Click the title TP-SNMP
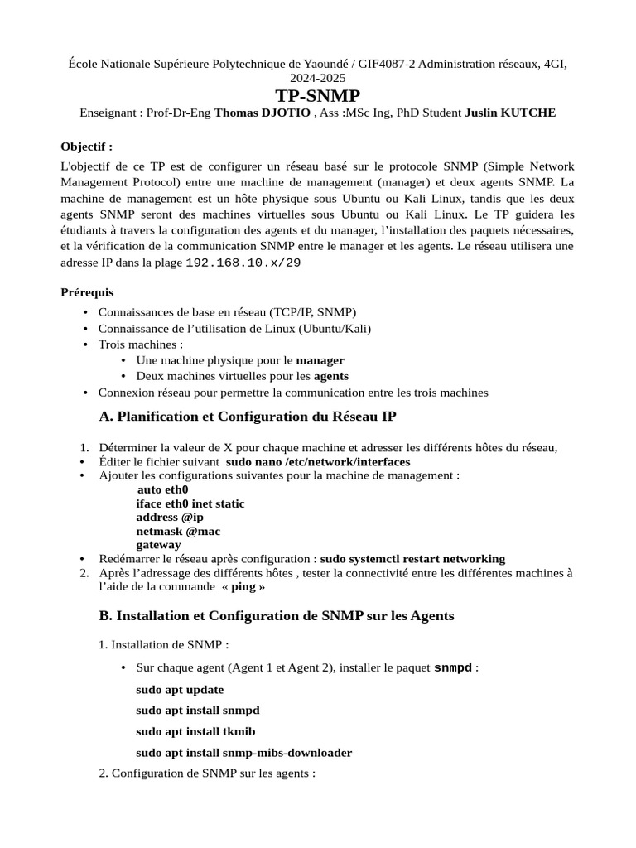point(318,95)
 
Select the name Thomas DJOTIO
point(263,113)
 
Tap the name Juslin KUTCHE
point(510,113)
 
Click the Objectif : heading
point(87,147)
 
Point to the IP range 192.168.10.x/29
point(243,262)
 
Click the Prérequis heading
point(88,292)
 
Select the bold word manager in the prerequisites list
point(320,360)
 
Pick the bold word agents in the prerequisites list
point(330,376)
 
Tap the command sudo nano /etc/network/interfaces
point(317,461)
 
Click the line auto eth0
point(163,489)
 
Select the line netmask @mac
point(178,531)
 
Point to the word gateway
point(158,545)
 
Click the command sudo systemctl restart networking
point(412,559)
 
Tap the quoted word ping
point(243,586)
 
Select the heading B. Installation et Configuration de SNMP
point(276,616)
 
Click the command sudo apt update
point(180,689)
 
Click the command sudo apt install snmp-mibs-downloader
point(243,753)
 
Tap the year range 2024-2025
point(318,77)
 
